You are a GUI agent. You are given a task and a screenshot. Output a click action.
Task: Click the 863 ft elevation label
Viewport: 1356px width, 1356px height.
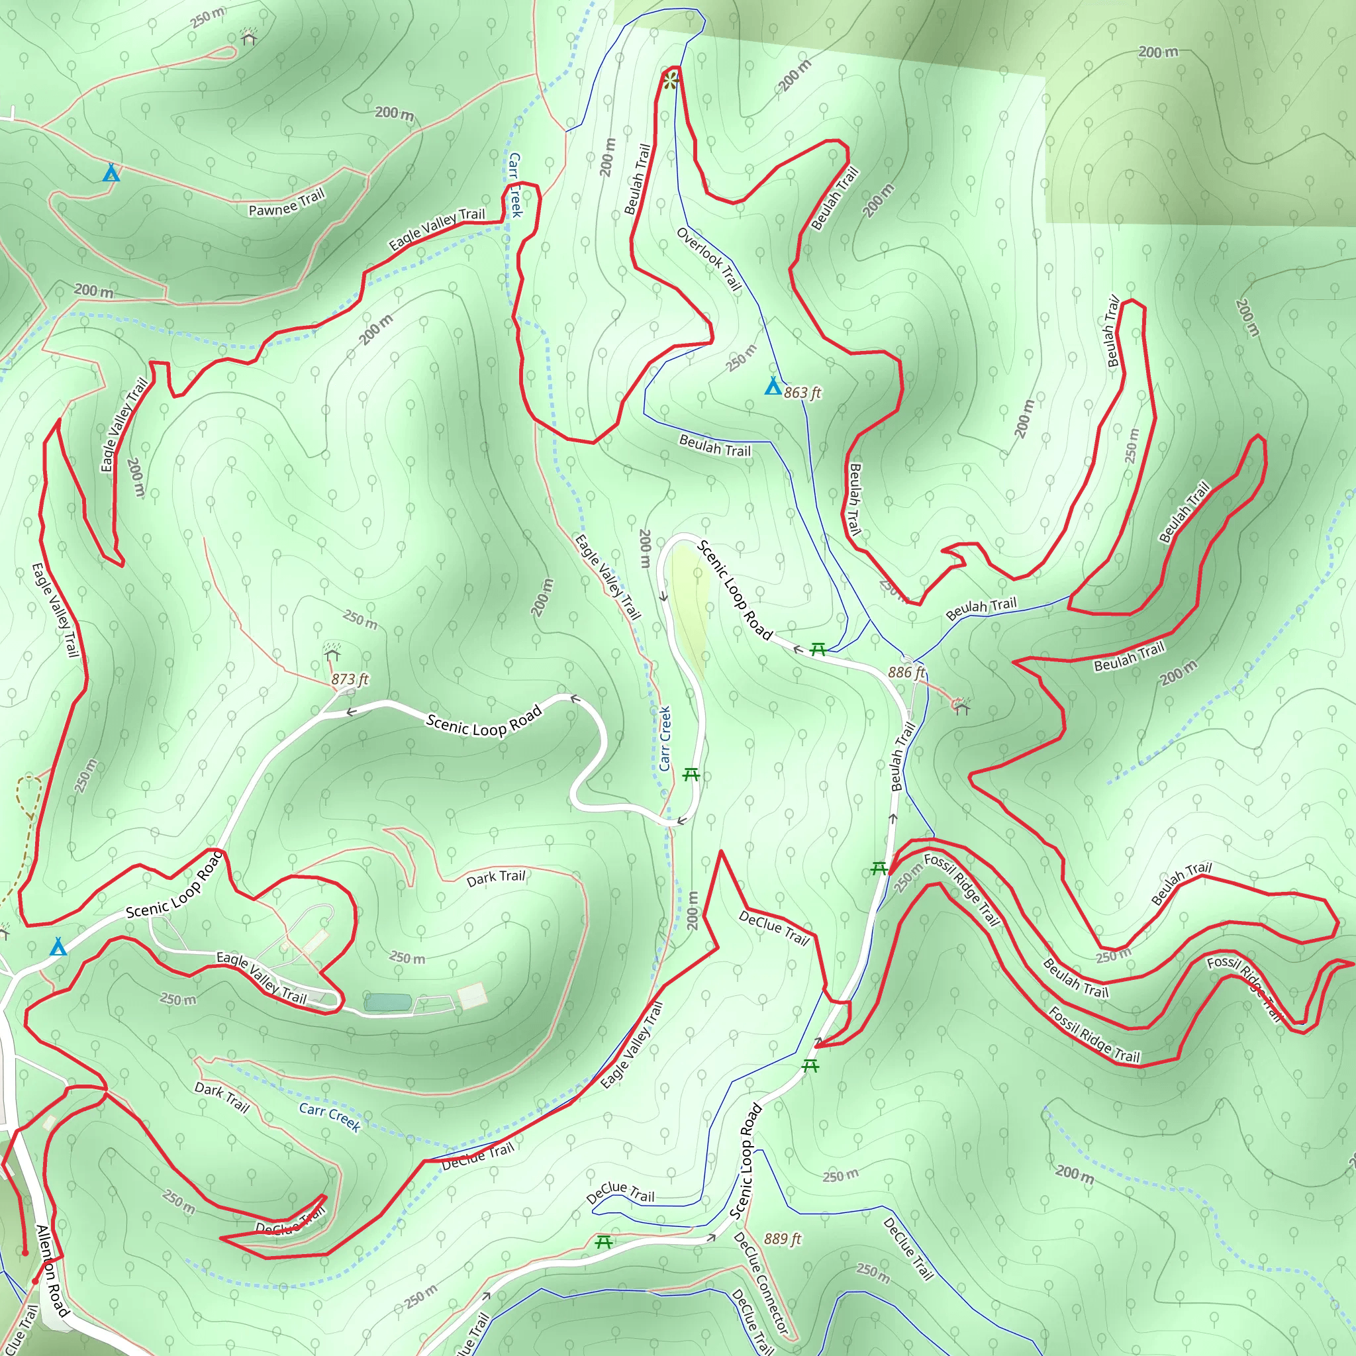click(x=802, y=393)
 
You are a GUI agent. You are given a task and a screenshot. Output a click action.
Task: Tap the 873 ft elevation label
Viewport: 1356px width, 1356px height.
click(x=350, y=679)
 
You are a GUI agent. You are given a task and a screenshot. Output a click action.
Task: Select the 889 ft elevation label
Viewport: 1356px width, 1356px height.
click(x=783, y=1239)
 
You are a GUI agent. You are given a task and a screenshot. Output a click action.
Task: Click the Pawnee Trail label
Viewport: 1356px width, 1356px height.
click(x=287, y=203)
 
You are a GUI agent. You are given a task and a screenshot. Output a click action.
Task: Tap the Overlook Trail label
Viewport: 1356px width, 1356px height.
click(x=709, y=258)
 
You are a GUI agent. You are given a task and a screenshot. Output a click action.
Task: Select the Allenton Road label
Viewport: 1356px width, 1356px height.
click(x=53, y=1271)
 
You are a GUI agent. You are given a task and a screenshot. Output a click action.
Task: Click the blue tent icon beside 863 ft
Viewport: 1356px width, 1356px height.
click(x=773, y=386)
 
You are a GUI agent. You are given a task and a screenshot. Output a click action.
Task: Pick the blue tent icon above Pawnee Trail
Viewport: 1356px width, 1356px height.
click(x=111, y=173)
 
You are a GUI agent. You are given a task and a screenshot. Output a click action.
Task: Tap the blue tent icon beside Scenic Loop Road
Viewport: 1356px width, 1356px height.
click(x=58, y=947)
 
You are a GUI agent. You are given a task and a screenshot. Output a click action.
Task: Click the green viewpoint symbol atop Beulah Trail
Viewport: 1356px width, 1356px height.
click(x=671, y=81)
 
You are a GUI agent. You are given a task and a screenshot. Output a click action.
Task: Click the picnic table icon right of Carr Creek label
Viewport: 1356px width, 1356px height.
click(x=691, y=775)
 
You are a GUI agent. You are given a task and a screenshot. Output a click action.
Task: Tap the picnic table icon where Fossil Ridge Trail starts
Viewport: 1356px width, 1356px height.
click(x=879, y=869)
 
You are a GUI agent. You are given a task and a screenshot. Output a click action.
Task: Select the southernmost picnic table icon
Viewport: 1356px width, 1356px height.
click(x=604, y=1243)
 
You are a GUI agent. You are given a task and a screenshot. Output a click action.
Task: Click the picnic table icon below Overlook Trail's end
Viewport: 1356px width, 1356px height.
click(x=818, y=650)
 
